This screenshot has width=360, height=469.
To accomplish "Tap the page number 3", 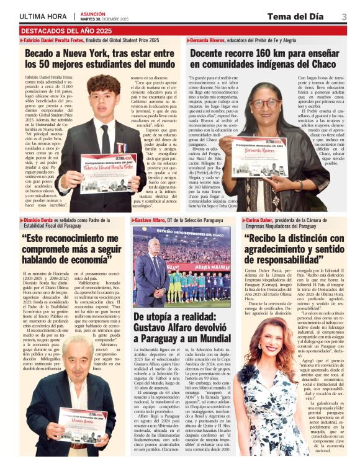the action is point(344,17).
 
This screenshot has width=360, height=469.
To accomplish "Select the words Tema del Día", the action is point(302,17).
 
